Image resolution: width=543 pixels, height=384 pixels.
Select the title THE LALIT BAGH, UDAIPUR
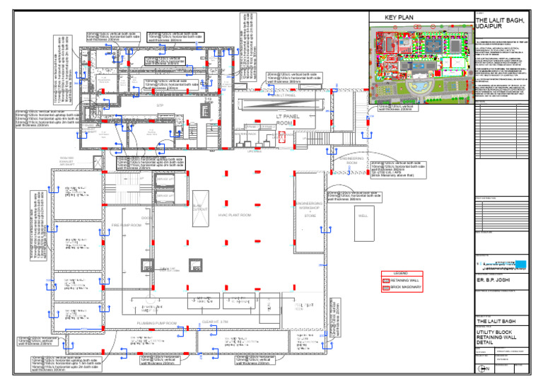[x=500, y=24]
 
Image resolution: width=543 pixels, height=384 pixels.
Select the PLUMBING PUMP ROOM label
[x=158, y=322]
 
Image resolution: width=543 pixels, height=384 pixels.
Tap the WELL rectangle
[x=363, y=216]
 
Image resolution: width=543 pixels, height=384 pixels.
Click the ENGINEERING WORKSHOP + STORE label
[x=310, y=209]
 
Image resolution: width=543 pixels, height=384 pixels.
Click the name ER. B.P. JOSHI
[x=496, y=281]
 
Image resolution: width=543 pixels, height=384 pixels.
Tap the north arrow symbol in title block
[x=484, y=368]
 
